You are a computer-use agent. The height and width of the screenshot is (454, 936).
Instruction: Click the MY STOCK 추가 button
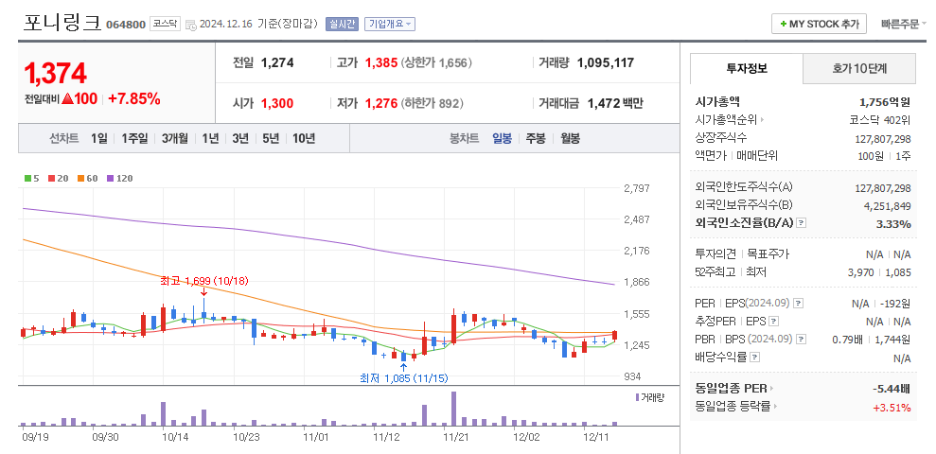(x=819, y=24)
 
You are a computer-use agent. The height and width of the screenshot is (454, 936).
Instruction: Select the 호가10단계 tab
(x=859, y=69)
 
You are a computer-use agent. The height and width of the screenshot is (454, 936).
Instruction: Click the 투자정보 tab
(x=747, y=69)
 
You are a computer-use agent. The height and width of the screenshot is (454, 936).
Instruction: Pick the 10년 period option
(x=304, y=138)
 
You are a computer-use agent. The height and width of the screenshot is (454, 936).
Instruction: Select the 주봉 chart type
(x=536, y=138)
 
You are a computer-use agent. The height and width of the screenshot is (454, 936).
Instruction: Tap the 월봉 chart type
(x=570, y=138)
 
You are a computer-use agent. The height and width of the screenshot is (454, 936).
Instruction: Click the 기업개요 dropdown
(x=390, y=24)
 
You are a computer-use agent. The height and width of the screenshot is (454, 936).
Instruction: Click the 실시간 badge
(x=342, y=24)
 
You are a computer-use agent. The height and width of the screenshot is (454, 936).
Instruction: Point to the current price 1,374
(x=56, y=73)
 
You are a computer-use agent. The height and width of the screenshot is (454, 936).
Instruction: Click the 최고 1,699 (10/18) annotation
(x=203, y=281)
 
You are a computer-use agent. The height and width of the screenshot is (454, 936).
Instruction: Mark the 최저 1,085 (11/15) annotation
(x=403, y=378)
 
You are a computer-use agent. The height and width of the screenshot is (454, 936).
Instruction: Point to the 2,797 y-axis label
(x=637, y=188)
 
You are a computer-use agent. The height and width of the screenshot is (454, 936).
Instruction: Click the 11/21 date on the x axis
(x=457, y=437)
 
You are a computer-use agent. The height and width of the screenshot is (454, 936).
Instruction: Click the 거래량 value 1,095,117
(x=605, y=62)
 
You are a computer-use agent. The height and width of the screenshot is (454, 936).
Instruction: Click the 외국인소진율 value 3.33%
(x=892, y=224)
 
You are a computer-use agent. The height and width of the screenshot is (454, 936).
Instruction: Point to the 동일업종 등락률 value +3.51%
(x=892, y=408)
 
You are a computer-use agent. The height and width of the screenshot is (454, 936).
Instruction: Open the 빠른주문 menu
(x=903, y=24)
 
